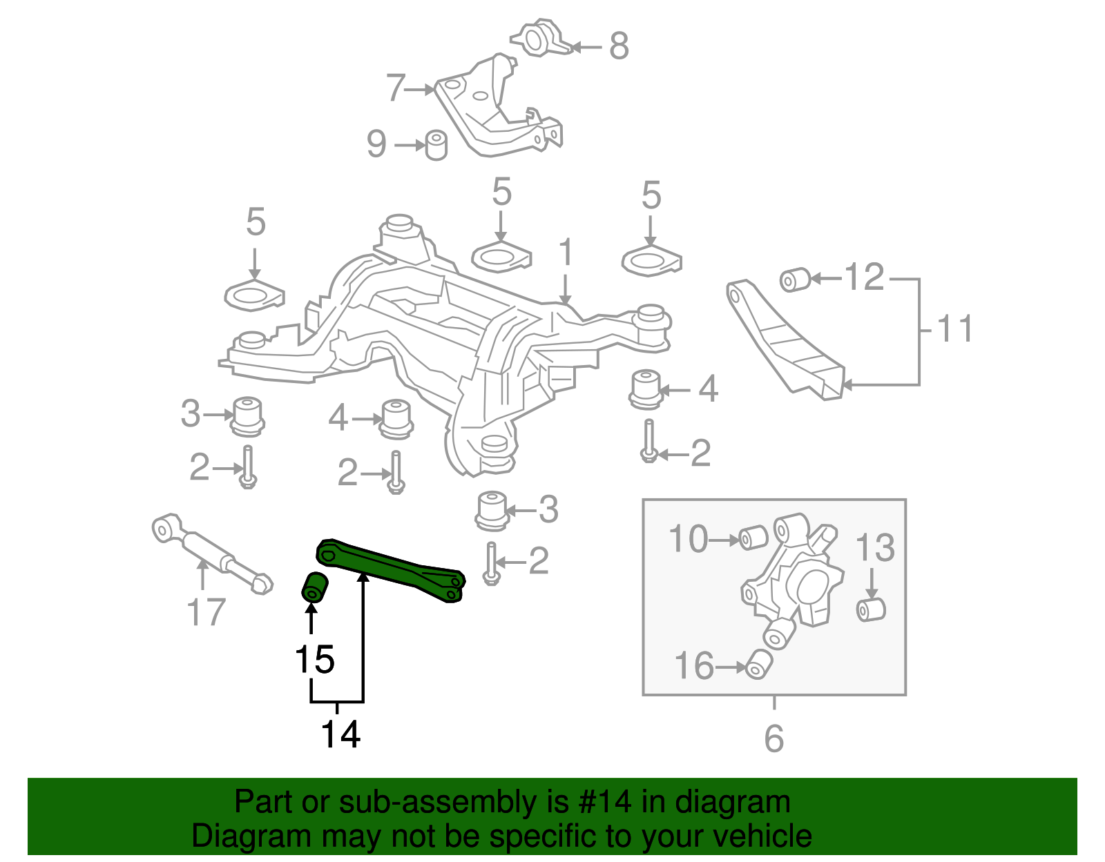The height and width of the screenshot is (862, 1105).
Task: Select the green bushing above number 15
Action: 316,587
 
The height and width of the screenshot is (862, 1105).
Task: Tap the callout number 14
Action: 340,734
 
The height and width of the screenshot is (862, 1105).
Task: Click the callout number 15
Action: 314,660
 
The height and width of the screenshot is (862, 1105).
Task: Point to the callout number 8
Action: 619,46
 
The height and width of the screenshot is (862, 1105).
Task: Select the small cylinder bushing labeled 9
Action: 436,145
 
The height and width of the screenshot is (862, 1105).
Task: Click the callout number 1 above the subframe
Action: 566,253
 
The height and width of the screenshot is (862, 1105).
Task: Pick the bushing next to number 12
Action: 794,280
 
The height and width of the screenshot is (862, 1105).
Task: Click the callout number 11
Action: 956,329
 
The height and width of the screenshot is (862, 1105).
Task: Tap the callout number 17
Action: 206,612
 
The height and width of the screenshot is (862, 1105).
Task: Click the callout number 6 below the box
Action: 773,738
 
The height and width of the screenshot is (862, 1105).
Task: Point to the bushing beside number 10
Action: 753,538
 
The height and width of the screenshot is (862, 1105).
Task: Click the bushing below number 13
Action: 870,609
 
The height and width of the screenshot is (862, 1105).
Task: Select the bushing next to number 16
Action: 759,663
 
